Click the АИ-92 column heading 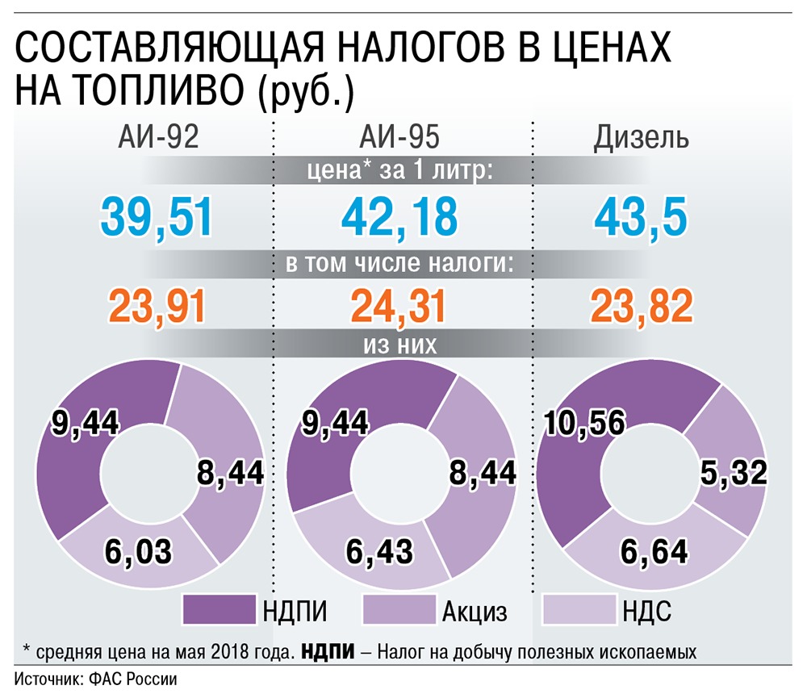pyautogui.click(x=157, y=138)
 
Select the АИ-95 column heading pyautogui.click(x=400, y=138)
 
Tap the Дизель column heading pyautogui.click(x=642, y=139)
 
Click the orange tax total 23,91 pyautogui.click(x=157, y=307)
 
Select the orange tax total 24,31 pyautogui.click(x=400, y=307)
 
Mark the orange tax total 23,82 pyautogui.click(x=643, y=307)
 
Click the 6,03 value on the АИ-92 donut pyautogui.click(x=138, y=552)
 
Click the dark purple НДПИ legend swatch pyautogui.click(x=217, y=611)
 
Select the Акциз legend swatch pyautogui.click(x=397, y=611)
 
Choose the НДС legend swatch pyautogui.click(x=576, y=611)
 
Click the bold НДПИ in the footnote pyautogui.click(x=327, y=650)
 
